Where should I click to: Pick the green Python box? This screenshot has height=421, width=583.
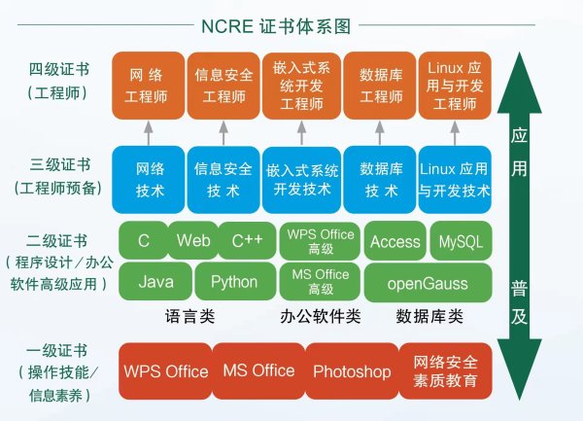tap(234, 282)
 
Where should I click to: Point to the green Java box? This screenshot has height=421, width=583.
tap(155, 282)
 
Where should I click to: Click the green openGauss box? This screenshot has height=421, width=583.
tap(428, 283)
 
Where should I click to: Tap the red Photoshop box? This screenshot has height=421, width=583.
tap(352, 371)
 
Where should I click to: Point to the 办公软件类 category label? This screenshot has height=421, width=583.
tap(320, 316)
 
